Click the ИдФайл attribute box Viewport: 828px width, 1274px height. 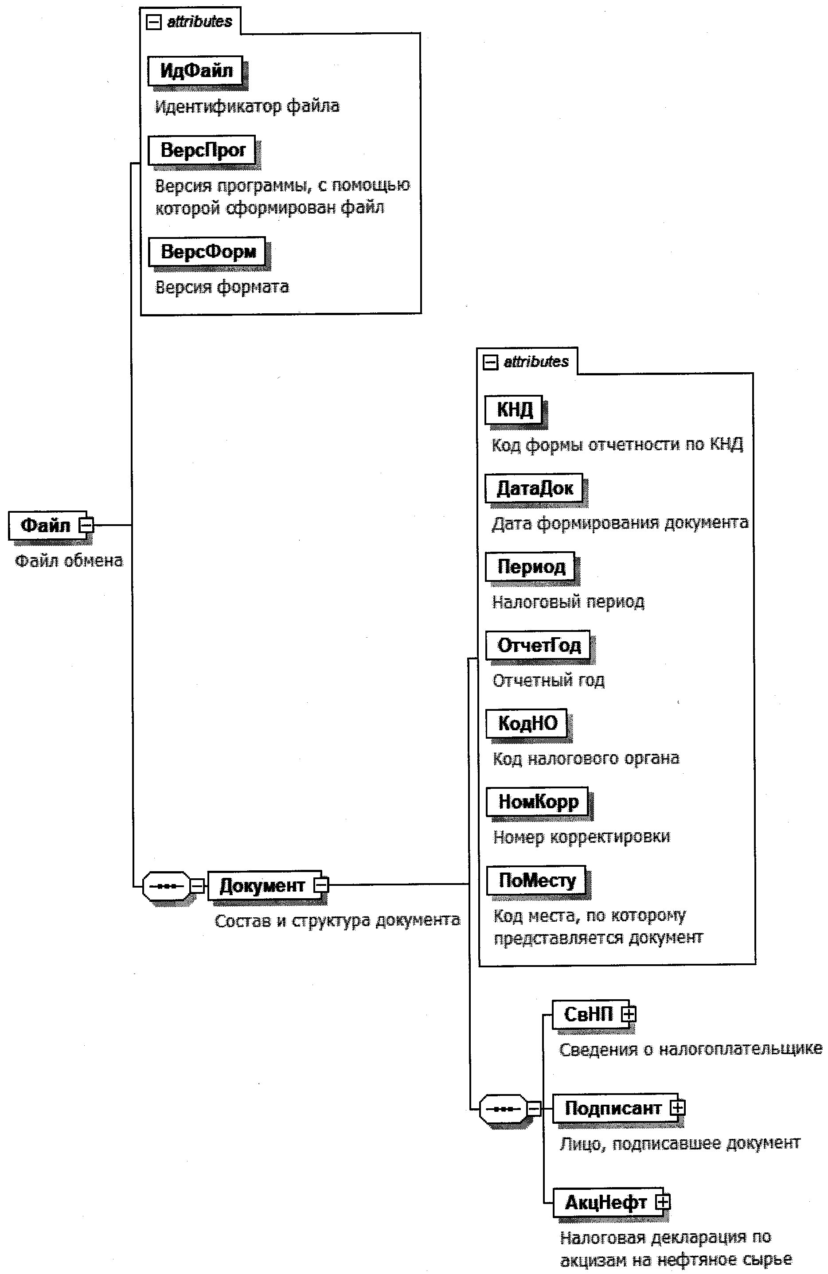[195, 70]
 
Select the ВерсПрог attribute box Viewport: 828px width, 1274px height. [202, 150]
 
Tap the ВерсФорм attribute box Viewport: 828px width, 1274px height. [207, 251]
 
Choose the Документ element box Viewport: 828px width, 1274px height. [262, 885]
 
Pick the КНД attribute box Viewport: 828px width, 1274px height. [514, 409]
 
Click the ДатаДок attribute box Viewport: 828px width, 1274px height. [534, 487]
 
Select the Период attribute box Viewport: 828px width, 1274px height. [530, 566]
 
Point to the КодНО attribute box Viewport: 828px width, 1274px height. [527, 723]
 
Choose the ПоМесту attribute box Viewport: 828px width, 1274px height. [537, 881]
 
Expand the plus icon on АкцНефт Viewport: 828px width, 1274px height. [663, 1202]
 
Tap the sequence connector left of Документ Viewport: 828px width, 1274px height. [167, 886]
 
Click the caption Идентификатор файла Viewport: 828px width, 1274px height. [247, 106]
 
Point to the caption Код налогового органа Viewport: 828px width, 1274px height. [586, 759]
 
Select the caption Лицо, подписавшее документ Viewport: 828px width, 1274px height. [680, 1143]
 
